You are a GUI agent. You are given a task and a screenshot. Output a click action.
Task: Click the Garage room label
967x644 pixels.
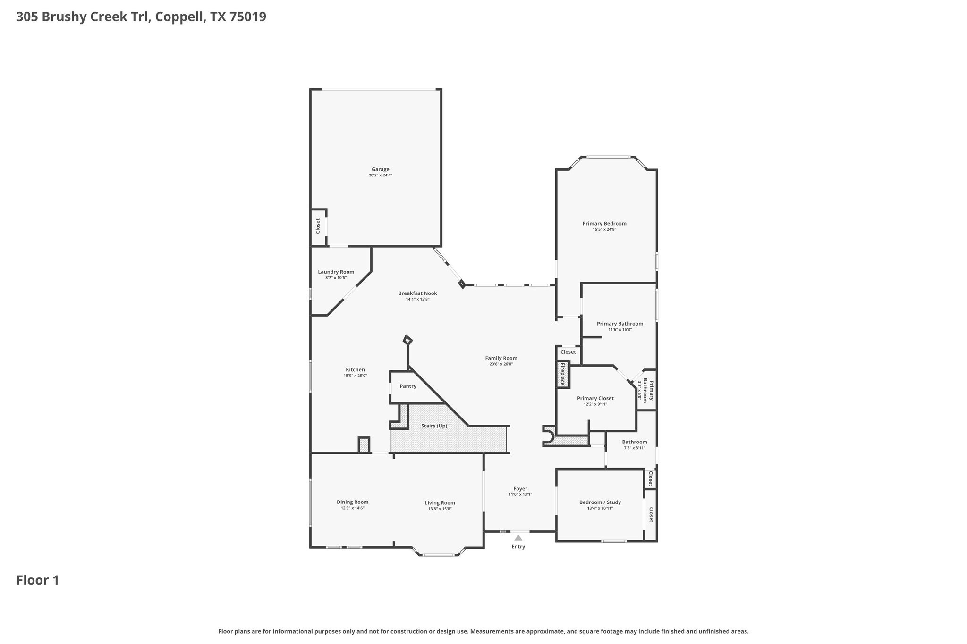(380, 169)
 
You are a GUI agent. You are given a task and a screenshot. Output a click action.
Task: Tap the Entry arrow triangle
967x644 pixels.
(518, 538)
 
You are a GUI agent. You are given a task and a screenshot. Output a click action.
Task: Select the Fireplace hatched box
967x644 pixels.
(562, 374)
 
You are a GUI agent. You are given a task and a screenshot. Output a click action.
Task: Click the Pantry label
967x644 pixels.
(408, 386)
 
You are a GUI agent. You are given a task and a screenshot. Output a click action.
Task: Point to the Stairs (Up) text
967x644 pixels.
(434, 426)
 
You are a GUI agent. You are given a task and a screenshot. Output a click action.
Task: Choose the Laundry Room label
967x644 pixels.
(336, 272)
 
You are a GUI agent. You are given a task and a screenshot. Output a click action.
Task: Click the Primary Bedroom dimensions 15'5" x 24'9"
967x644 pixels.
(604, 229)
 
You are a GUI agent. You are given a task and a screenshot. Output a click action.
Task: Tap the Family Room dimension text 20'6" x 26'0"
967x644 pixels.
(501, 364)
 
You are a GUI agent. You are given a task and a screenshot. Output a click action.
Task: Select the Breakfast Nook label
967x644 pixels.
(417, 293)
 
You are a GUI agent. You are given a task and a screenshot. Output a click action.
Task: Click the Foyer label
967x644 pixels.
(520, 489)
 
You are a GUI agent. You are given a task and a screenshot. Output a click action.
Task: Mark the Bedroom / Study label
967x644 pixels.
(600, 502)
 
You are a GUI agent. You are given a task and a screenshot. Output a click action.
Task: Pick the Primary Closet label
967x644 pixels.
(595, 398)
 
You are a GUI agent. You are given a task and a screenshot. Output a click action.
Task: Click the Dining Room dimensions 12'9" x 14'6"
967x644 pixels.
(352, 508)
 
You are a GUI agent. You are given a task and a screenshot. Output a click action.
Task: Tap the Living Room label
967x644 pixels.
(440, 503)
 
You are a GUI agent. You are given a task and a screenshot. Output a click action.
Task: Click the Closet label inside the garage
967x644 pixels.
(318, 226)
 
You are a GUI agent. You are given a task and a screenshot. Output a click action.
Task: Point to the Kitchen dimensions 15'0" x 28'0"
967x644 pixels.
(355, 376)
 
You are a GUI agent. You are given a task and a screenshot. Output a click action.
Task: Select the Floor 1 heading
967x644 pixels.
(38, 580)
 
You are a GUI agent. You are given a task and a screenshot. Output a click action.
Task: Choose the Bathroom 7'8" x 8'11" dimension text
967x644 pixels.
(634, 448)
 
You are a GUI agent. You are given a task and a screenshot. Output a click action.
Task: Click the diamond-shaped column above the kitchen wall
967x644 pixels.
(407, 340)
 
